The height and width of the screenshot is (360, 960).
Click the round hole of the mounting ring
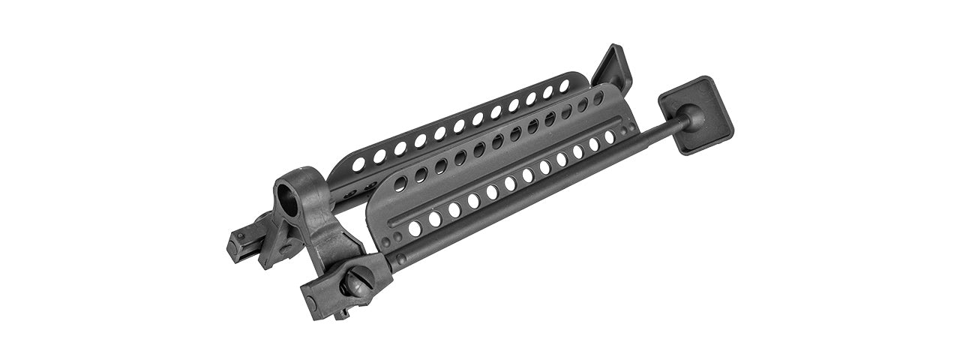tap(290, 197)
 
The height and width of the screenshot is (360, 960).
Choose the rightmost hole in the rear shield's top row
tap(564, 85)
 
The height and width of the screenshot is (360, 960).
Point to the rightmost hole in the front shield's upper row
tap(598, 97)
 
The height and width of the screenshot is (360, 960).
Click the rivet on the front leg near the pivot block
tap(401, 259)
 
